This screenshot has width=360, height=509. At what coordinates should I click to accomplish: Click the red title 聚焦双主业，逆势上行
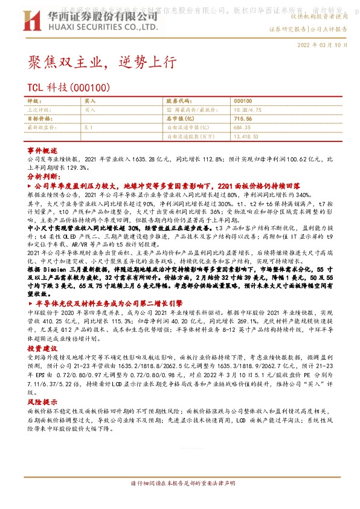pyautogui.click(x=102, y=63)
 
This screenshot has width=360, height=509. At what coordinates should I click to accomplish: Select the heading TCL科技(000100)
pyautogui.click(x=68, y=88)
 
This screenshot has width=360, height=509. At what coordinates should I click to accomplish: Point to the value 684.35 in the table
pyautogui.click(x=242, y=128)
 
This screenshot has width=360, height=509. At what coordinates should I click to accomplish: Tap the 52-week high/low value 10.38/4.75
pyautogui.click(x=247, y=110)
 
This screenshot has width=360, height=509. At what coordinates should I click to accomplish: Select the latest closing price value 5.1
pyautogui.click(x=88, y=128)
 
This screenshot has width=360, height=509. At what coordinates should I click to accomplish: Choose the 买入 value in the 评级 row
pyautogui.click(x=90, y=102)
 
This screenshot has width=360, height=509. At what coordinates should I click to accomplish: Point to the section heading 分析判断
pyautogui.click(x=42, y=176)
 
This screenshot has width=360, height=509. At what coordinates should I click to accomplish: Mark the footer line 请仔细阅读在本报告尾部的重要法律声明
pyautogui.click(x=182, y=483)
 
